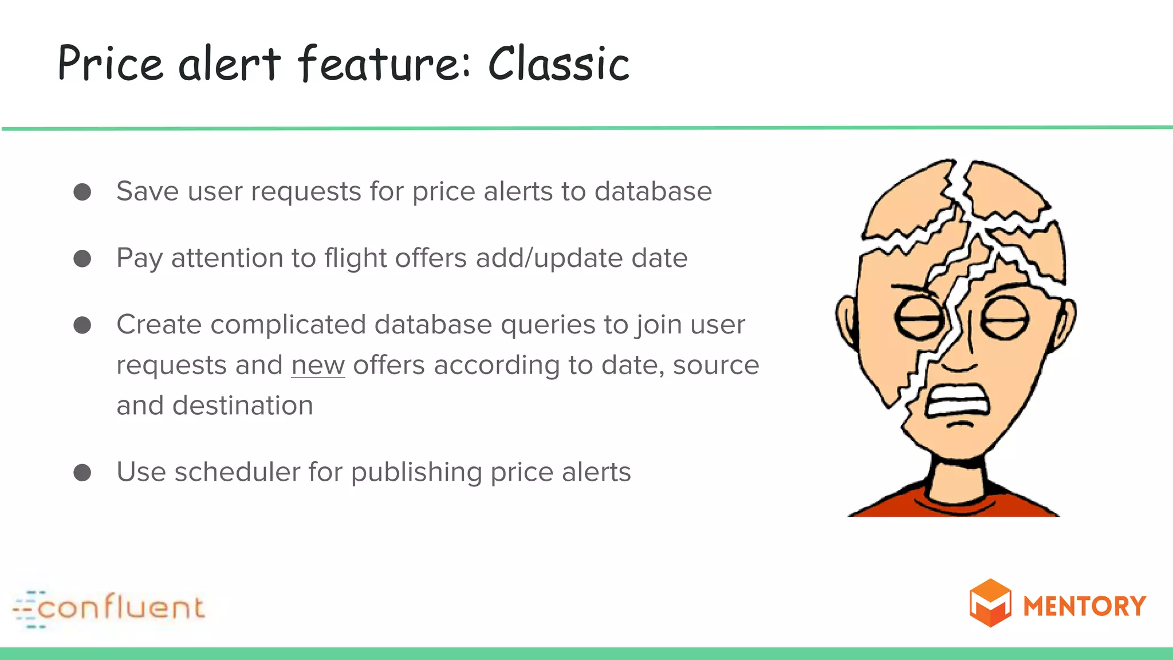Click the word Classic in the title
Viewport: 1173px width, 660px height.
click(558, 64)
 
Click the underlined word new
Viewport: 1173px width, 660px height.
click(318, 366)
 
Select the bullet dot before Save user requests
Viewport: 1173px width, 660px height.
click(82, 192)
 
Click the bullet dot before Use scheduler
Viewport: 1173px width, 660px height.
click(82, 473)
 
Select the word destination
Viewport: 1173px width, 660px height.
click(243, 406)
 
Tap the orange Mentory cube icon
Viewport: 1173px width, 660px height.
click(990, 603)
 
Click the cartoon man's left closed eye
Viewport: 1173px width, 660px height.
click(919, 318)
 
